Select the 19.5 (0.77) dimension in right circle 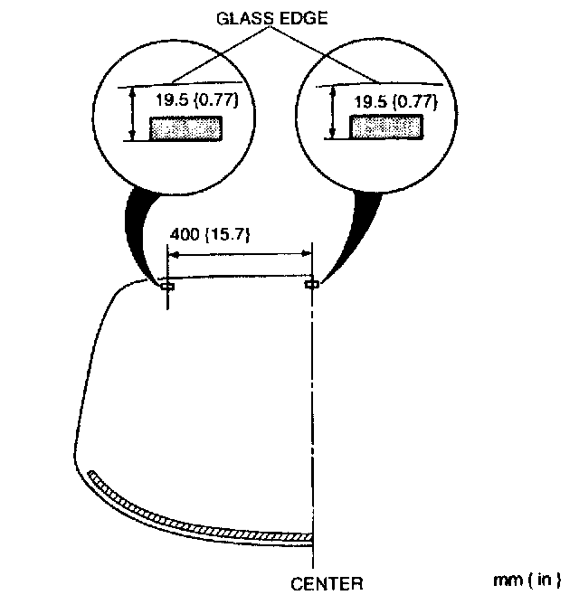point(396,101)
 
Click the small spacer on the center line point(312,285)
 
